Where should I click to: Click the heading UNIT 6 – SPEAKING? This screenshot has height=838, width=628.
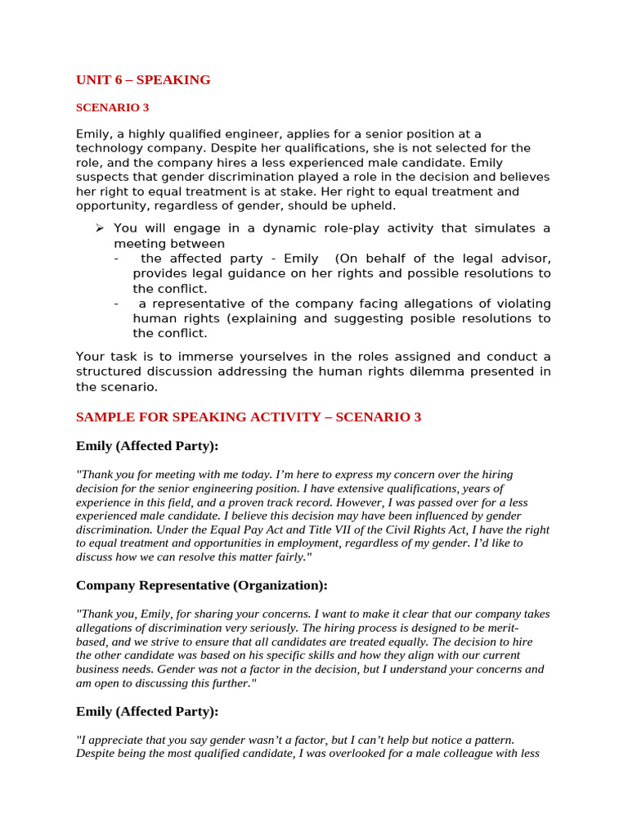click(x=143, y=80)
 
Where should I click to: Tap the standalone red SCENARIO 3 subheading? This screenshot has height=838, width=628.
click(x=112, y=107)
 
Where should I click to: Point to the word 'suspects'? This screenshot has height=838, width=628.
click(x=104, y=178)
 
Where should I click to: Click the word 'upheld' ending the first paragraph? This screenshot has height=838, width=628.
click(x=373, y=206)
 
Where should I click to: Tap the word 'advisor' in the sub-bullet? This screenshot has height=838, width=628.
click(x=520, y=259)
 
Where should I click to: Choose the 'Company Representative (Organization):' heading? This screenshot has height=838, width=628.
click(x=201, y=585)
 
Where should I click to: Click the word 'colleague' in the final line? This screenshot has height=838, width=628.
click(x=458, y=754)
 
